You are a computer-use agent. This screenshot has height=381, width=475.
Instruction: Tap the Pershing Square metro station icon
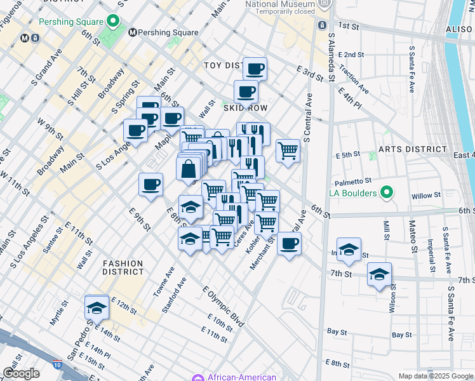[133, 32]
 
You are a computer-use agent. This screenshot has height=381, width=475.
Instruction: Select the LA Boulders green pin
[385, 192]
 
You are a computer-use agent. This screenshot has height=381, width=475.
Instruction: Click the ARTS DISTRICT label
[413, 149]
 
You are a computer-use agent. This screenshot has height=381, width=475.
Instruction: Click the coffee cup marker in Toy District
[255, 69]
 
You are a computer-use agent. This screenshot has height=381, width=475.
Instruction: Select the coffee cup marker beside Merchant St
[289, 244]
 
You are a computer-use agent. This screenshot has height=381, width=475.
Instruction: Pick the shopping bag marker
[189, 168]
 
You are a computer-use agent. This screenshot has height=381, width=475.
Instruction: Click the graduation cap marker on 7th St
[379, 274]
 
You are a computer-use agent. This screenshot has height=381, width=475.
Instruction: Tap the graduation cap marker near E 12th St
[96, 307]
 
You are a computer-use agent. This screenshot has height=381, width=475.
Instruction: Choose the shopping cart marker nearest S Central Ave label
[288, 151]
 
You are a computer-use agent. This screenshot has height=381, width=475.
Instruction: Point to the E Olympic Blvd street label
[223, 307]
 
